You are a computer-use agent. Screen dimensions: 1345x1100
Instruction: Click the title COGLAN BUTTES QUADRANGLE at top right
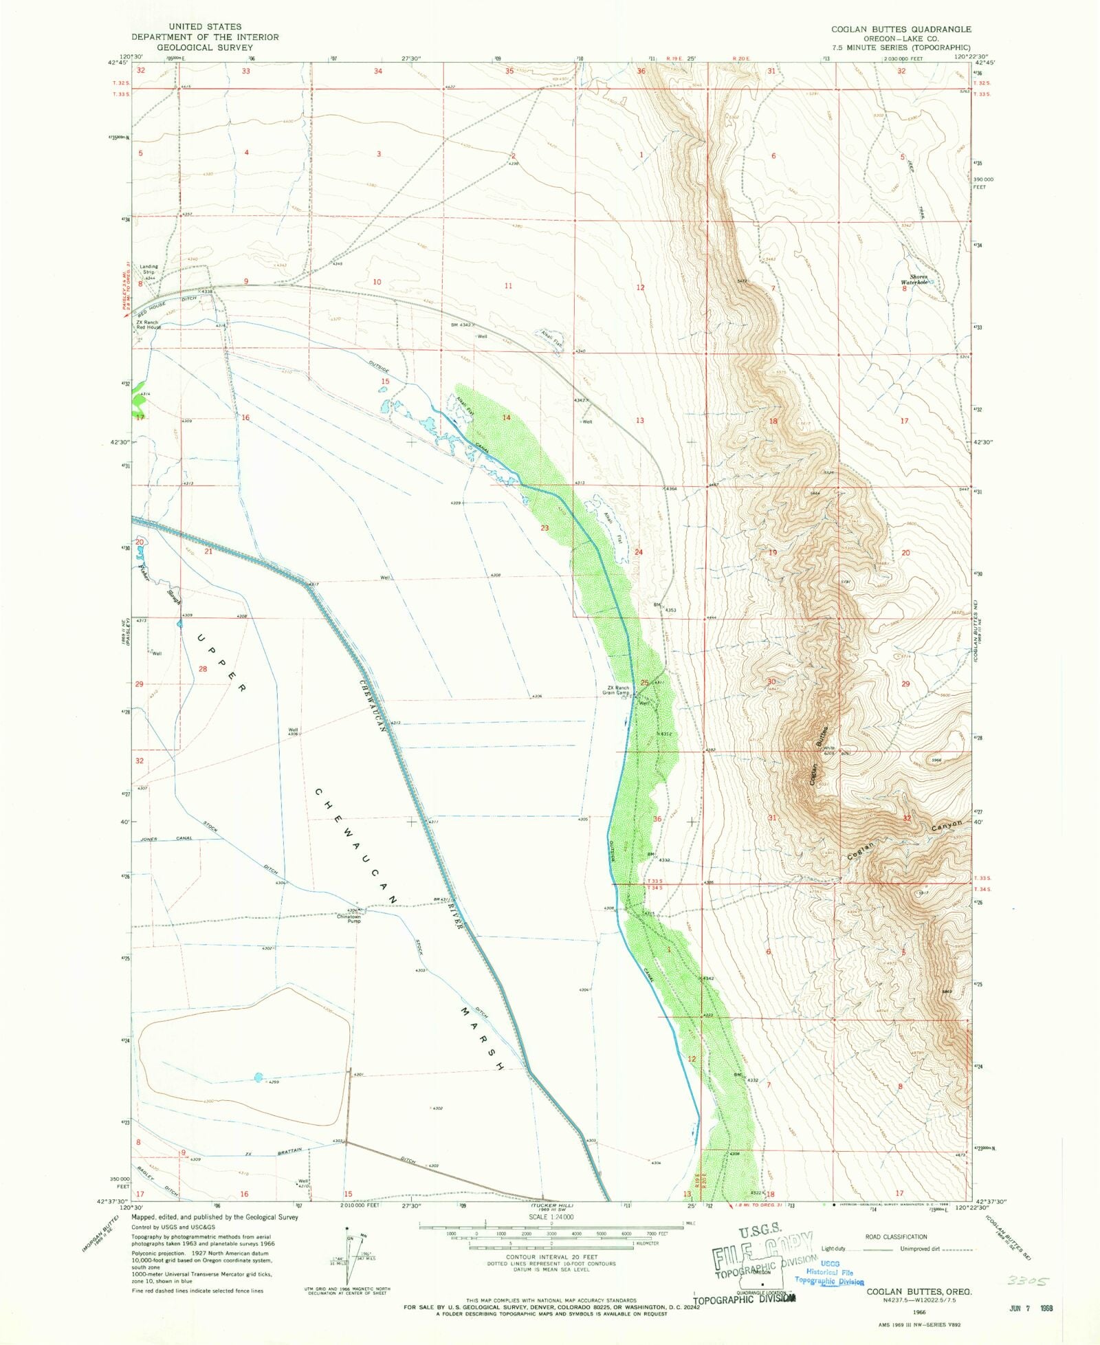coord(901,30)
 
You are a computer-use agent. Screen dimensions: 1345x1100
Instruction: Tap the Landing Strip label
coord(149,269)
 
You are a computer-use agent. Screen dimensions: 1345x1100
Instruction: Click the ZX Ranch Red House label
coord(148,325)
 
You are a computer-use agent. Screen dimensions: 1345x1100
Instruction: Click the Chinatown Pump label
coord(349,918)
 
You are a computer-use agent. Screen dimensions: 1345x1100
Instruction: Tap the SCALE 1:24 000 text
coord(551,1216)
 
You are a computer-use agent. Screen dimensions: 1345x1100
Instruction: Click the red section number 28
coord(203,669)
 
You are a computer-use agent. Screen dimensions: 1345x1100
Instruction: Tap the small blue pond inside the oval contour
coord(258,1078)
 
